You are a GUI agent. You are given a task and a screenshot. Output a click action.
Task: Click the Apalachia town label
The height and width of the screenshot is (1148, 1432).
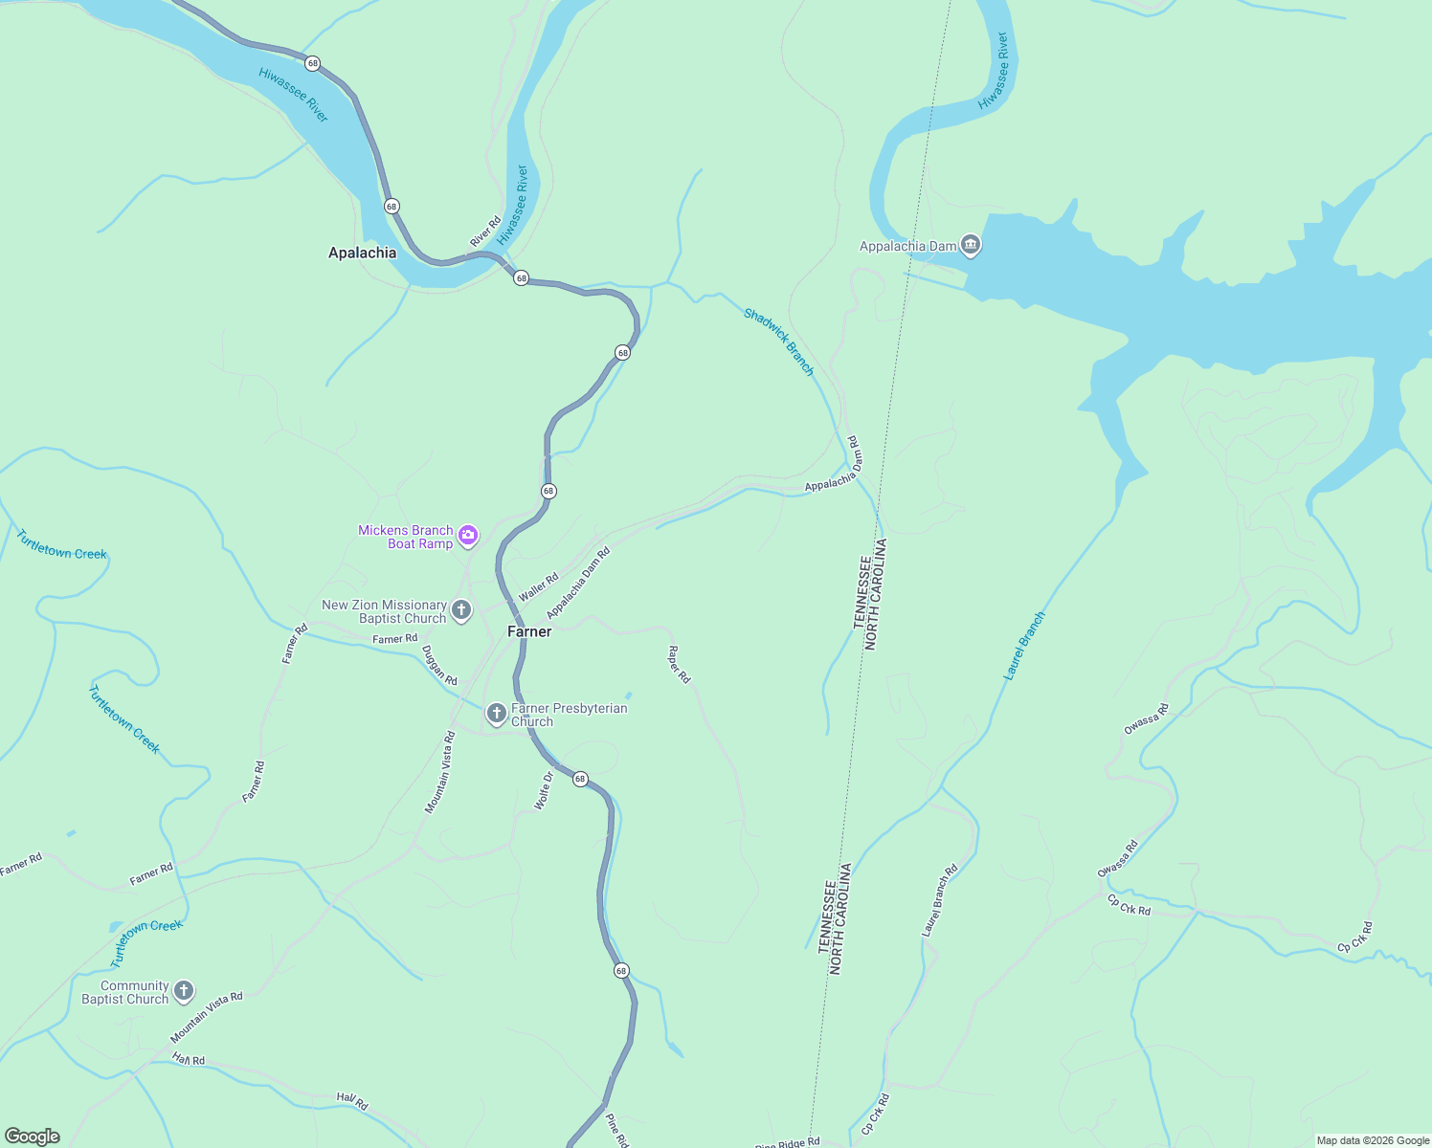[362, 253]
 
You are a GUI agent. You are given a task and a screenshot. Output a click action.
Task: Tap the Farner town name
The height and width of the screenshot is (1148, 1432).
[529, 631]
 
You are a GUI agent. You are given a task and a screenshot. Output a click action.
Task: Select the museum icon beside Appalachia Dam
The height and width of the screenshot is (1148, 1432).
[971, 246]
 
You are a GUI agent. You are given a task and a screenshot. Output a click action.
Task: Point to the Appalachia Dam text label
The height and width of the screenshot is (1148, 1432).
[907, 246]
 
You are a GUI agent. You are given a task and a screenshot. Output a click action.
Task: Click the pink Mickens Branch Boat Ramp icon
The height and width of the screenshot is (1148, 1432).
[468, 536]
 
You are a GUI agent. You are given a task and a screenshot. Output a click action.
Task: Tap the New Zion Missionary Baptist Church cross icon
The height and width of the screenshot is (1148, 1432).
[461, 610]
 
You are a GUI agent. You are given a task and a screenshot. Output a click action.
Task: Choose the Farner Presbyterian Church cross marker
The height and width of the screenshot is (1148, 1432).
[496, 714]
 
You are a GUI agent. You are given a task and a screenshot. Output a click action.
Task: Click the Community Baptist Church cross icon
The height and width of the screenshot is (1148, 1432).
[183, 991]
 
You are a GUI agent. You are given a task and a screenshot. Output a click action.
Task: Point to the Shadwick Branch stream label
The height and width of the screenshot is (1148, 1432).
[779, 342]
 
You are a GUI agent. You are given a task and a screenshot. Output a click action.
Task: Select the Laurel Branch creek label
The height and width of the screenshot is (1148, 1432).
[1024, 647]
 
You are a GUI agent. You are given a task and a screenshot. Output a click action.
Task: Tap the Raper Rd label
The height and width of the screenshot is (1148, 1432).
[679, 664]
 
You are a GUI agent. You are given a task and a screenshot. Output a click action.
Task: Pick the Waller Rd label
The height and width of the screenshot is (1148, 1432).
[538, 587]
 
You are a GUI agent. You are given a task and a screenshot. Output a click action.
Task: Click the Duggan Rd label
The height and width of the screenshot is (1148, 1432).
[440, 665]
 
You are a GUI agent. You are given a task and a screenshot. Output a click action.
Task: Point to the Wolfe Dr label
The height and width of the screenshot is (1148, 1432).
[544, 790]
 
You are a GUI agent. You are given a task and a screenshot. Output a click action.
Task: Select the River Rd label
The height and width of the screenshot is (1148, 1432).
[485, 232]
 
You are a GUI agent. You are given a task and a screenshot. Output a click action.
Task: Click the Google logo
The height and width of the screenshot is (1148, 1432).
[33, 1137]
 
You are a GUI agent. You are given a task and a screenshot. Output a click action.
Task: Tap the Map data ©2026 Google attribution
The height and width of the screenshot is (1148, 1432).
[1373, 1140]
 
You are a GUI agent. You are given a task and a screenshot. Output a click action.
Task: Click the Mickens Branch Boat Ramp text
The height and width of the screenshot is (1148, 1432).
[406, 537]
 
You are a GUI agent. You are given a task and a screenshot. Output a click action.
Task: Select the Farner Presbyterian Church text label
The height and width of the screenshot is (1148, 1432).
[569, 715]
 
